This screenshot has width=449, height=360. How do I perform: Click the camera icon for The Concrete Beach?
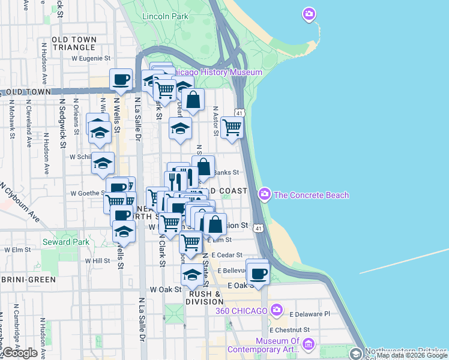(264, 194)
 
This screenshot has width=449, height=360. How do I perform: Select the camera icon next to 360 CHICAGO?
(276, 310)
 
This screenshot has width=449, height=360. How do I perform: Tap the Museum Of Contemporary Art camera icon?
(309, 344)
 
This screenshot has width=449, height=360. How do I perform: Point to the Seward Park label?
(66, 242)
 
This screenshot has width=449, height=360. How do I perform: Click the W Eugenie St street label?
(91, 59)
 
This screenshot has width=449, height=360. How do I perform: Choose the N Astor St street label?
(214, 121)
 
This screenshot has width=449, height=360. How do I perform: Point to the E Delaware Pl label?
(310, 314)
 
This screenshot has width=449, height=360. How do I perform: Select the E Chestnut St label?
(289, 329)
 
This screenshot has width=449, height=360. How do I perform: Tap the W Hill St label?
(97, 261)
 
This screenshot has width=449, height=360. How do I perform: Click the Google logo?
(20, 353)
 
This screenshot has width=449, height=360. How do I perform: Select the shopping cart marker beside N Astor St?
(232, 127)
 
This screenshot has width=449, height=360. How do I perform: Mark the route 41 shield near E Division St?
(258, 228)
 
